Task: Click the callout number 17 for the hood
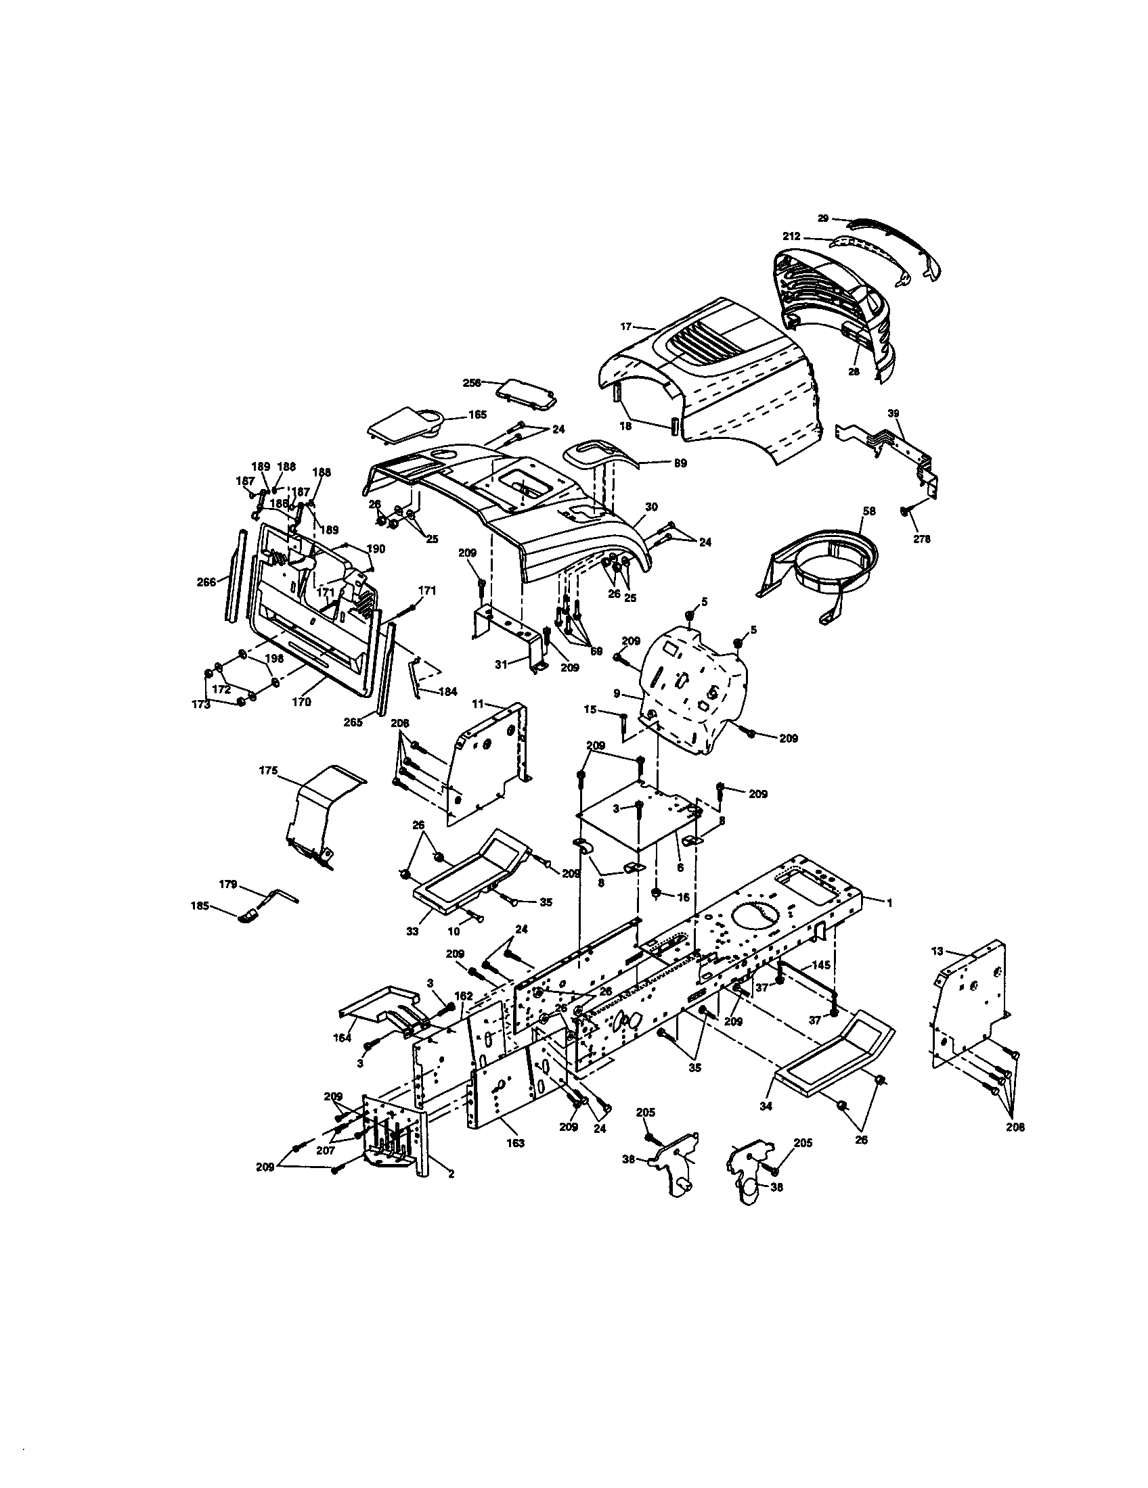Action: click(x=626, y=327)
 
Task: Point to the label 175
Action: click(x=269, y=770)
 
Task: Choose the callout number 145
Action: click(x=821, y=965)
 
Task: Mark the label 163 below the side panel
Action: click(x=515, y=1143)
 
